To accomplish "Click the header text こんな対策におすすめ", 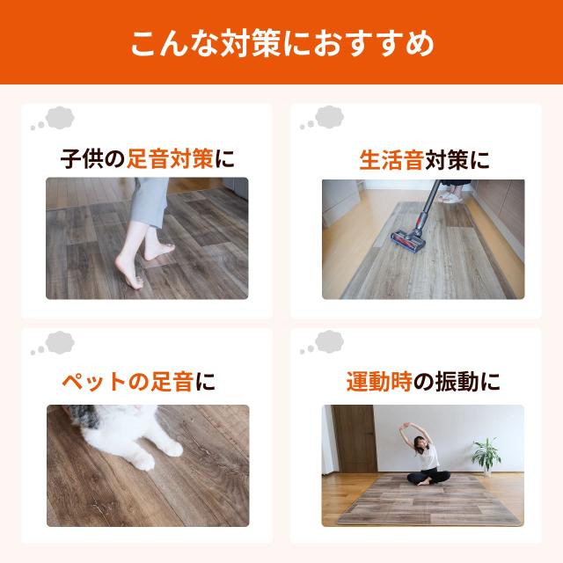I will (x=281, y=43).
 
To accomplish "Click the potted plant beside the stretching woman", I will (x=486, y=456).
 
